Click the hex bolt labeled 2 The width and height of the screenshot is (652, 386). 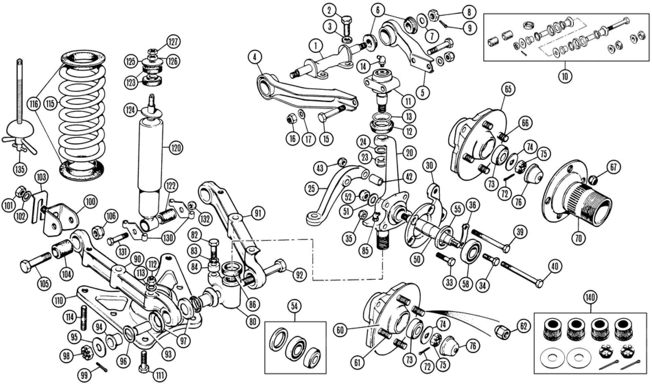tap(347, 26)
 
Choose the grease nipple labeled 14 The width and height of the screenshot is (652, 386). tap(380, 60)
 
